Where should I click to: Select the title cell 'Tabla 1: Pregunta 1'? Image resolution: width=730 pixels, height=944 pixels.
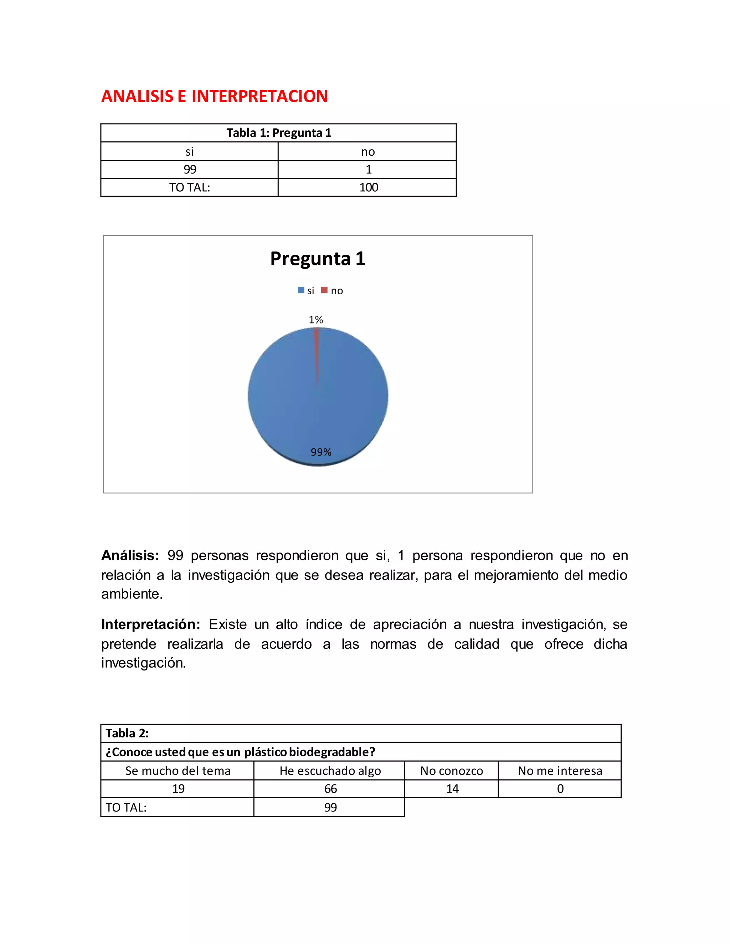tap(278, 133)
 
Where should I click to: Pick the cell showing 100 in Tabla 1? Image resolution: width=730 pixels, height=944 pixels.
tap(369, 188)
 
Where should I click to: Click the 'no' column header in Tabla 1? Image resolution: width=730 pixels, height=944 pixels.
tap(367, 152)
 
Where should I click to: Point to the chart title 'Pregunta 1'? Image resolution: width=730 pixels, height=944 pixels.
tap(318, 259)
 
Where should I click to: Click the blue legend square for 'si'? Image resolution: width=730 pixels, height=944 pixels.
tap(301, 290)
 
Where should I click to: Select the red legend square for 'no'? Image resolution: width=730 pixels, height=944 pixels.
tap(324, 290)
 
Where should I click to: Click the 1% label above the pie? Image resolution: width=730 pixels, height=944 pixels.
tap(316, 320)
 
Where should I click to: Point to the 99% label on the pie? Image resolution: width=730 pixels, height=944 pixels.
tap(321, 452)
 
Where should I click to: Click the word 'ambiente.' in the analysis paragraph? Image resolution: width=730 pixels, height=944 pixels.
tap(132, 594)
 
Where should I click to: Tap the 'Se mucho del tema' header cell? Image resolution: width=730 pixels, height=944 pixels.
tap(178, 771)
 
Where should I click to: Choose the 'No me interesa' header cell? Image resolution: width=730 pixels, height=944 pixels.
tap(560, 771)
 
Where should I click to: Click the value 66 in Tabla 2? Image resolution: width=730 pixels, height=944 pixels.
tap(330, 789)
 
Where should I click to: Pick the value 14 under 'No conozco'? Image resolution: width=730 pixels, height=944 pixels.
tap(452, 789)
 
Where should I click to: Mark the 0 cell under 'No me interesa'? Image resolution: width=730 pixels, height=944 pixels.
tap(560, 789)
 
